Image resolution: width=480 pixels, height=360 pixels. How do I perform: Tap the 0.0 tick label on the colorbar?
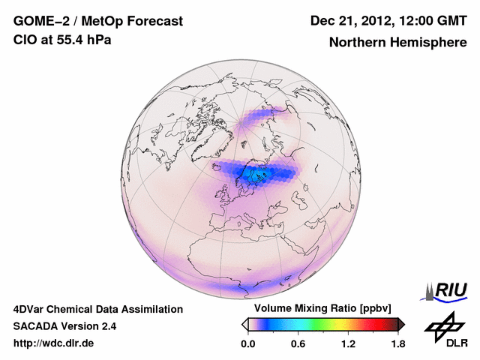tap(247, 343)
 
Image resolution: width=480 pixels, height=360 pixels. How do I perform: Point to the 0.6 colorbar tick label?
tap(298, 343)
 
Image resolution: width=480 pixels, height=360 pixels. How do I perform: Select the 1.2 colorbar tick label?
tap(348, 343)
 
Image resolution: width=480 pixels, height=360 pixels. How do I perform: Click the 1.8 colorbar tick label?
tap(398, 343)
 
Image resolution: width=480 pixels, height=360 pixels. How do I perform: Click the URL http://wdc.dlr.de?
tap(54, 343)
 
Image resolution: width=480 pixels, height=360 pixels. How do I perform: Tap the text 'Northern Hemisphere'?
tap(397, 43)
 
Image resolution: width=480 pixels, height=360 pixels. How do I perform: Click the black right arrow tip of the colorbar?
tap(401, 324)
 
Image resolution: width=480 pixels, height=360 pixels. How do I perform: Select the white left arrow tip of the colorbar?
tap(244, 324)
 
